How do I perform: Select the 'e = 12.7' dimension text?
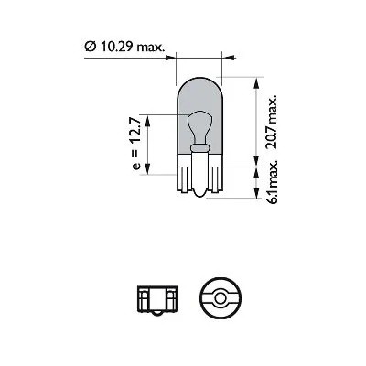[x=137, y=143]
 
